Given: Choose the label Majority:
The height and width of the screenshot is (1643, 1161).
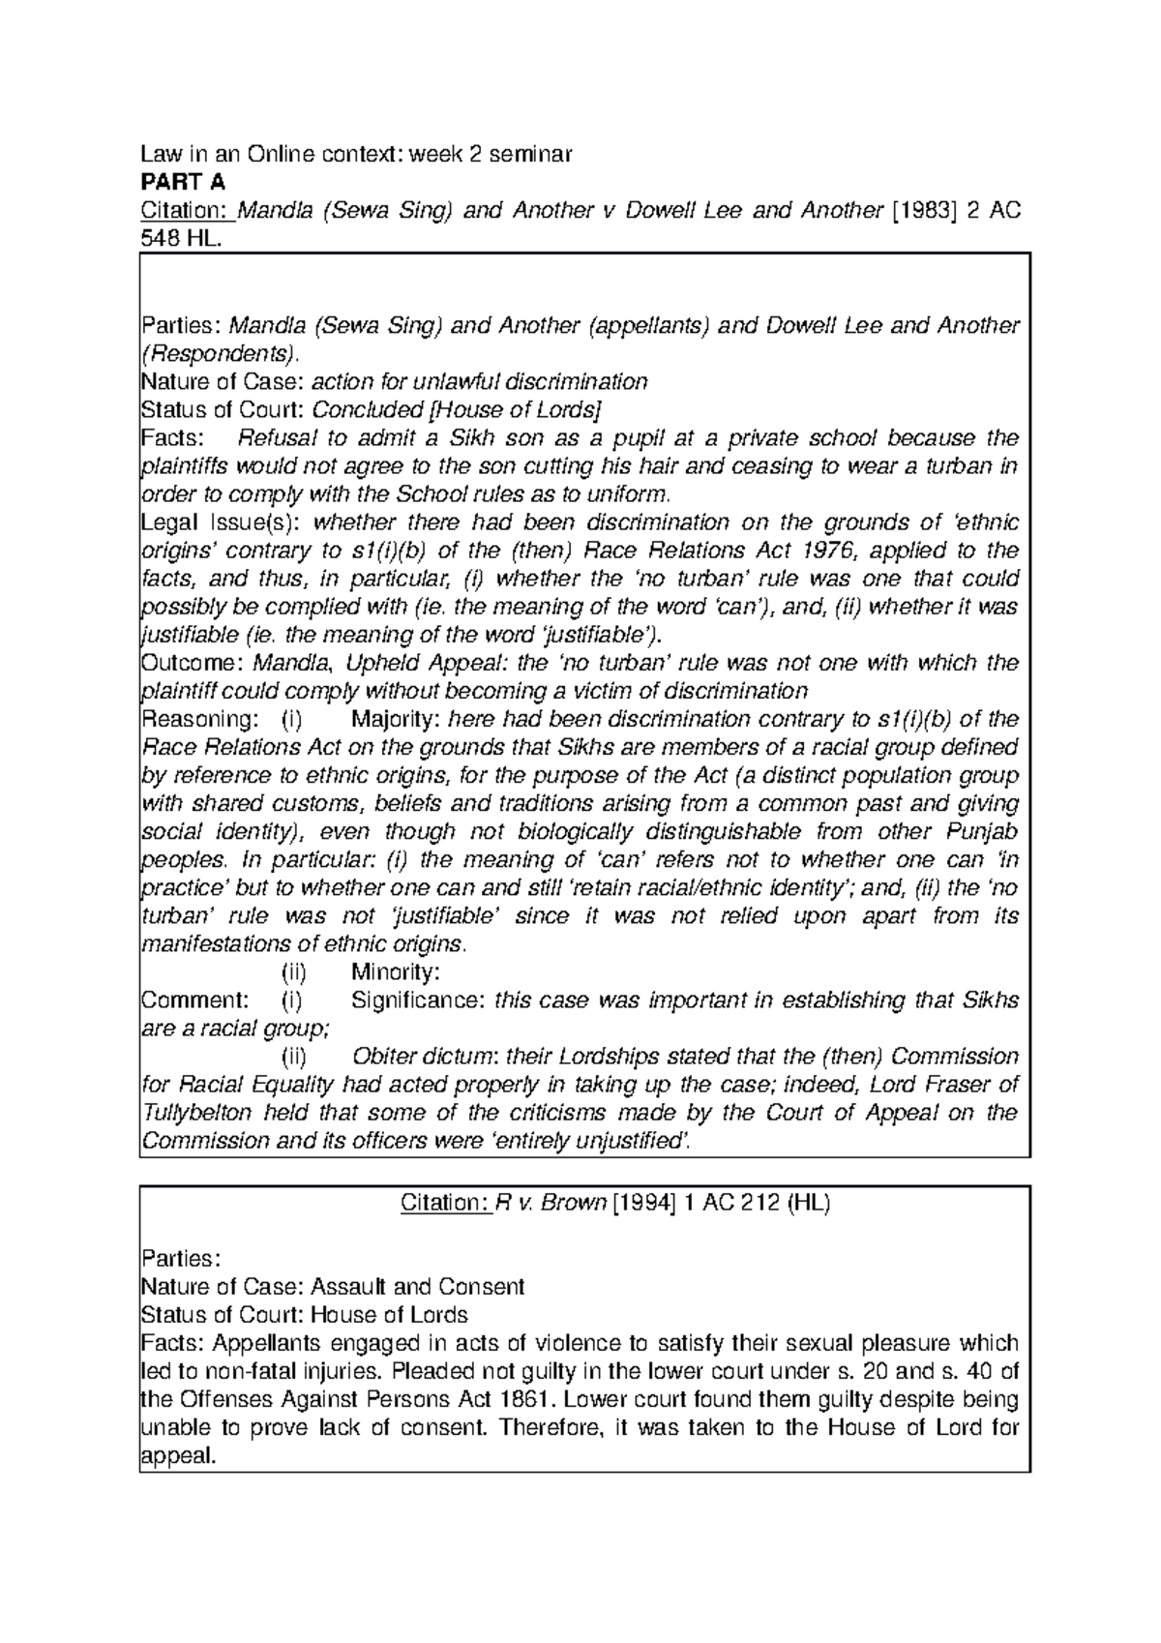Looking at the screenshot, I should [x=396, y=720].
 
